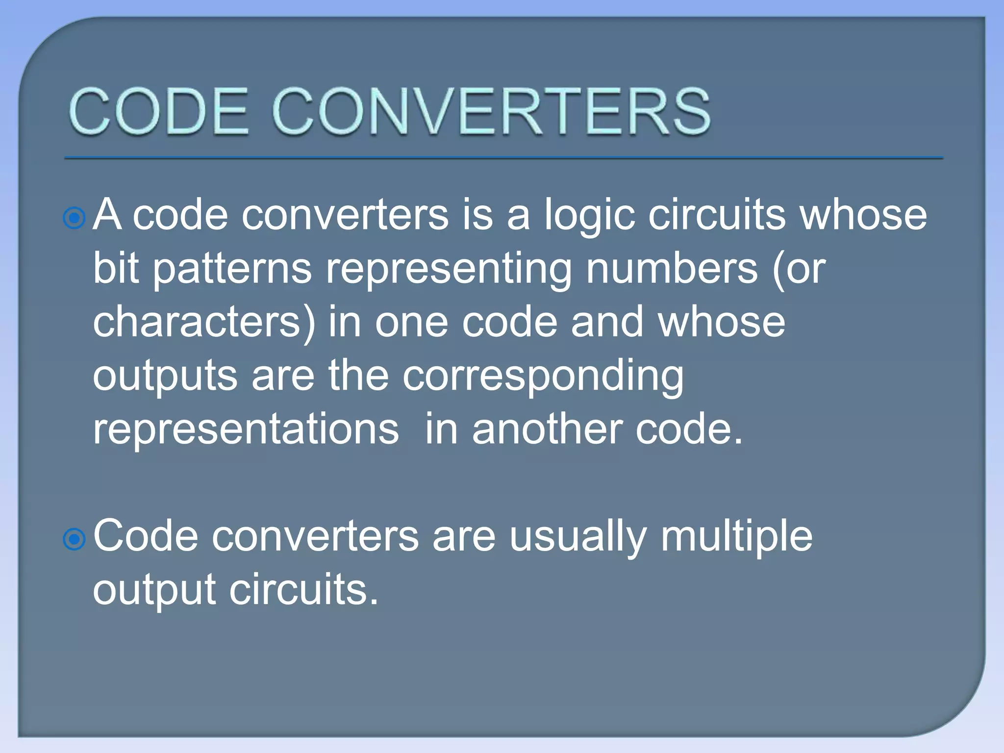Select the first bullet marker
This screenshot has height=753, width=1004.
click(75, 218)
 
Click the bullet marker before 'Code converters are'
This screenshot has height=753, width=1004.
click(75, 539)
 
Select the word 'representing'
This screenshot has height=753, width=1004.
click(449, 270)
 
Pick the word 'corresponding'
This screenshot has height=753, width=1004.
click(543, 376)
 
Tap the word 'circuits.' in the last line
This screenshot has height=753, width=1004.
click(304, 590)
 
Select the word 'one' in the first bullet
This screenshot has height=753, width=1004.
click(411, 322)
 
